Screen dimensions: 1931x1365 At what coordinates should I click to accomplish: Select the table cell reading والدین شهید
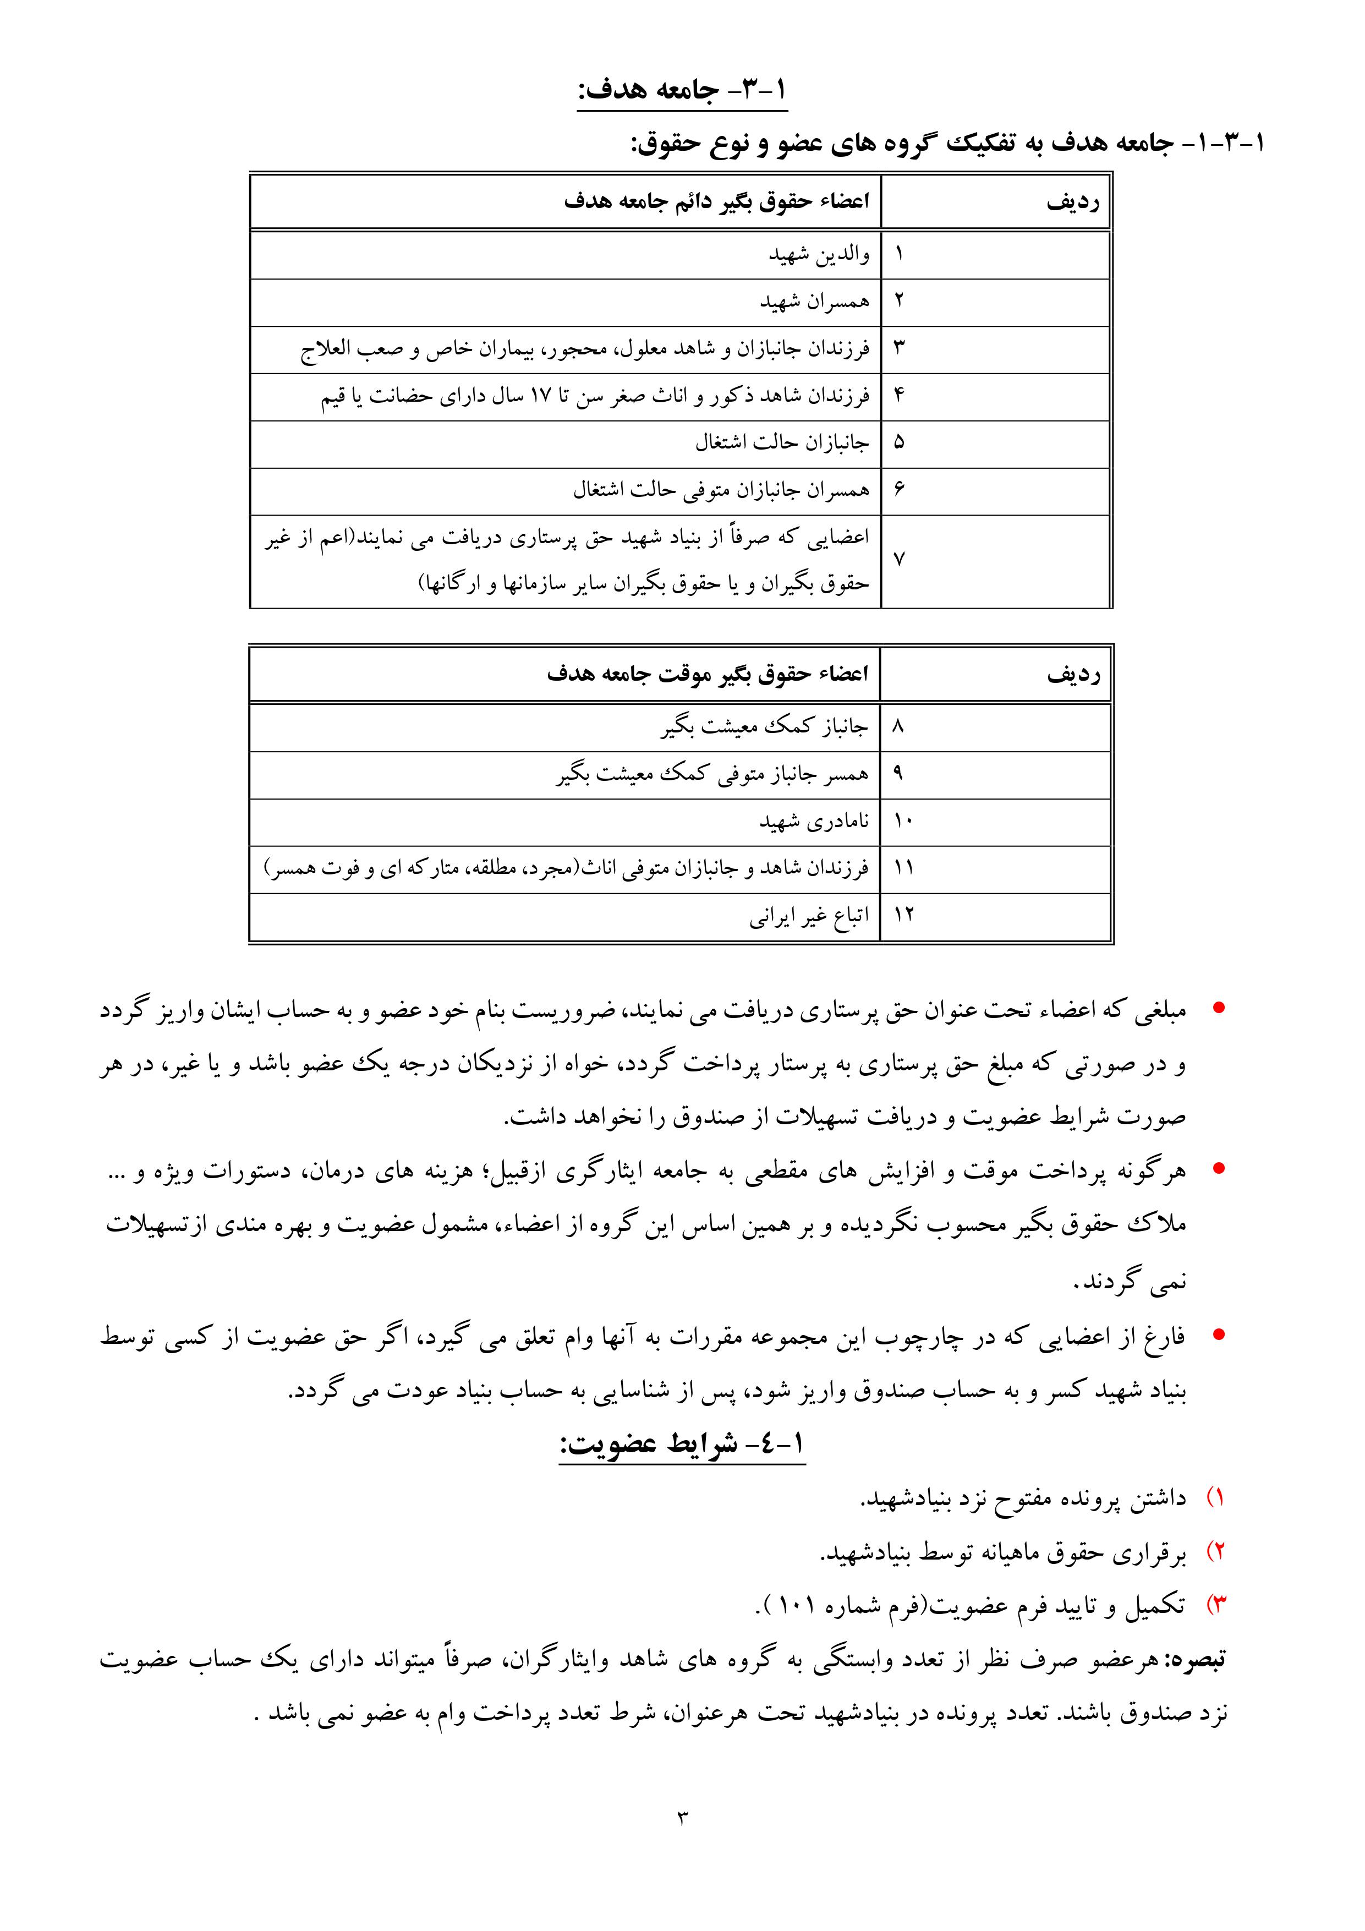pyautogui.click(x=818, y=255)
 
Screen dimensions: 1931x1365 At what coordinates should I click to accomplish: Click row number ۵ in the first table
pyautogui.click(x=898, y=443)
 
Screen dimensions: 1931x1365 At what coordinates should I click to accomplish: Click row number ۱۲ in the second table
pyautogui.click(x=903, y=916)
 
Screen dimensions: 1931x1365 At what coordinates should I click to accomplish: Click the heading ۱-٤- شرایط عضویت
pyautogui.click(x=682, y=1445)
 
